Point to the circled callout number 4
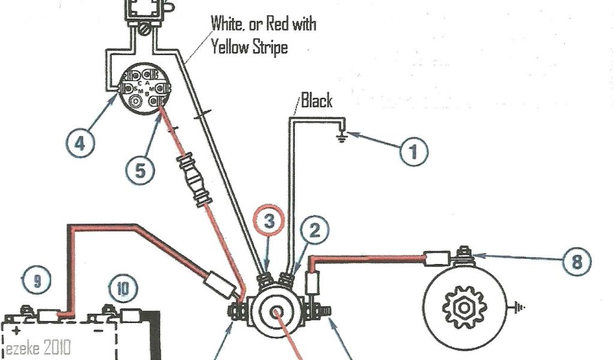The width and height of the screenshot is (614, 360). coord(79,144)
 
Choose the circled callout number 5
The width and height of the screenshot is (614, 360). coord(139,170)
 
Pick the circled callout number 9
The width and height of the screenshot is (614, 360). coord(36,280)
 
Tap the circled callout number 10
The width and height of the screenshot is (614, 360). coord(123,290)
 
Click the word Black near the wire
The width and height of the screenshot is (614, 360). coord(316,100)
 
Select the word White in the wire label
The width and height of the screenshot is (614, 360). coord(228,25)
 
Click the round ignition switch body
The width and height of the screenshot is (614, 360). coord(143,90)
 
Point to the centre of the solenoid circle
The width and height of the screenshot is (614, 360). coord(277,313)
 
